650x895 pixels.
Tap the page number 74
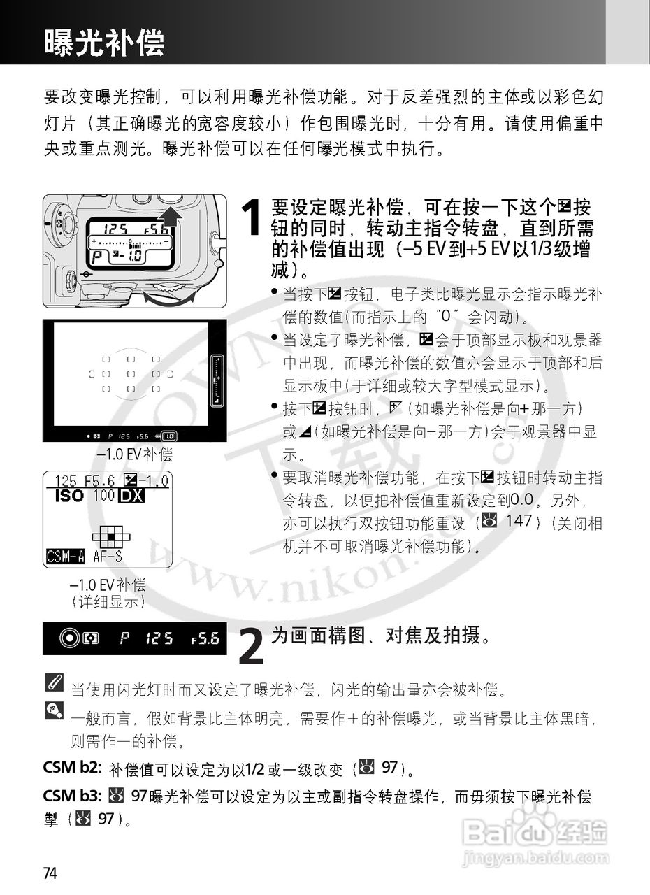pos(50,873)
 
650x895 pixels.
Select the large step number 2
pos(251,647)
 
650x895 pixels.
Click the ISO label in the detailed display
pos(69,496)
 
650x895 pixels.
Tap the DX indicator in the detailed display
pos(131,496)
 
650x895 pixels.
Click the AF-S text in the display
pos(108,557)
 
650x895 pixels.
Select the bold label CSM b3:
pos(73,796)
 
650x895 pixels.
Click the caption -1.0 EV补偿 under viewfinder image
pos(135,455)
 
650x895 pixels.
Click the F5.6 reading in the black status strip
pos(205,638)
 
